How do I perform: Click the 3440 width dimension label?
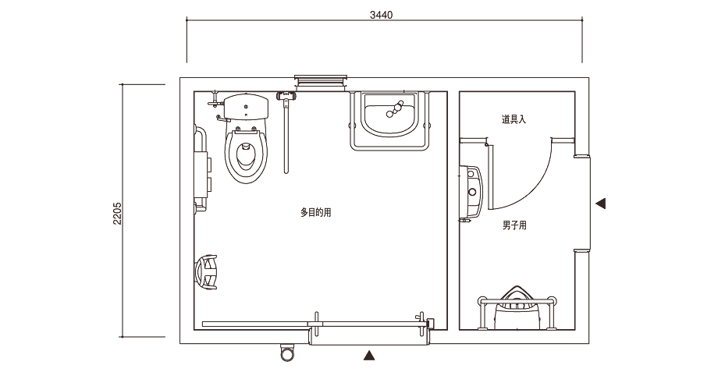coord(381,15)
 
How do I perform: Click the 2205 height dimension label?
coord(117,213)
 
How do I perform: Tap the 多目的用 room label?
coord(315,212)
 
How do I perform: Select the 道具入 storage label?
coord(514,119)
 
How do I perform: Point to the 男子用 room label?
coord(514,225)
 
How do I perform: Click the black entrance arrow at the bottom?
coord(369,355)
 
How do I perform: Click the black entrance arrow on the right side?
coord(600,204)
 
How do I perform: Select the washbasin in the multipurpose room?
coord(389,115)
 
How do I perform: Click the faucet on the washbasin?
coord(395,108)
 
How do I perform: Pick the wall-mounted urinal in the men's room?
coord(471,192)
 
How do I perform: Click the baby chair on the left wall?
coord(208,272)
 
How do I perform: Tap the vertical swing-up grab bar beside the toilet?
coord(286,133)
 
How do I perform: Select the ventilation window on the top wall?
coord(321,82)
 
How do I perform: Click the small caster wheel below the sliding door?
coord(287,353)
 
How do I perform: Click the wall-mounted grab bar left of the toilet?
coord(201,169)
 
